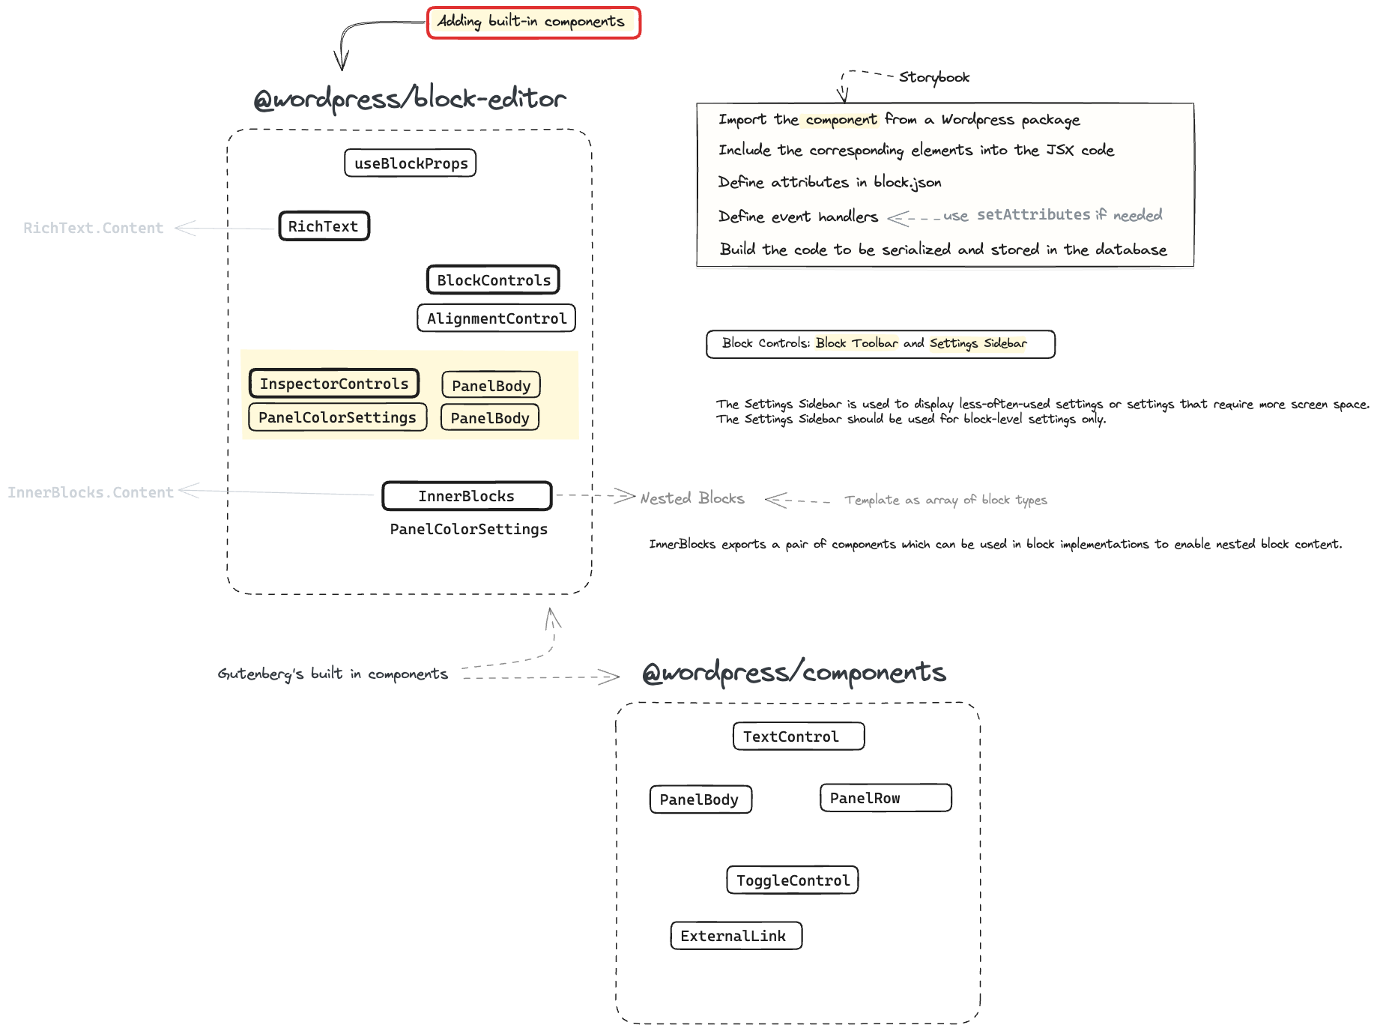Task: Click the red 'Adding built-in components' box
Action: click(533, 22)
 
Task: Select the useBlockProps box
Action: click(410, 163)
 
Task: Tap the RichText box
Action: click(324, 226)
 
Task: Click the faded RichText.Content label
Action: click(93, 228)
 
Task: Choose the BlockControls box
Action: click(493, 280)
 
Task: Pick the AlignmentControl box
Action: click(496, 318)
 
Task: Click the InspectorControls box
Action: click(333, 384)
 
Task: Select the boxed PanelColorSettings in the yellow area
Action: click(337, 417)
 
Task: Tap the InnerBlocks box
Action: click(466, 496)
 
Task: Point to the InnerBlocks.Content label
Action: click(90, 492)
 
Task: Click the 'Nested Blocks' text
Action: click(691, 498)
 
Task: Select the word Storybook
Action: click(933, 77)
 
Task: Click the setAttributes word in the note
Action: click(1033, 215)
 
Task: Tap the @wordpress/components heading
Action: click(794, 672)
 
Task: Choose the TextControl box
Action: click(798, 737)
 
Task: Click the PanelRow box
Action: click(885, 798)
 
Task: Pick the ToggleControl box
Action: click(792, 880)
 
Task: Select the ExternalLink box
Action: click(736, 936)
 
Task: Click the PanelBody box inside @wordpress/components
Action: click(700, 799)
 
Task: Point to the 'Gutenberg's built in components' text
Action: click(333, 674)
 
